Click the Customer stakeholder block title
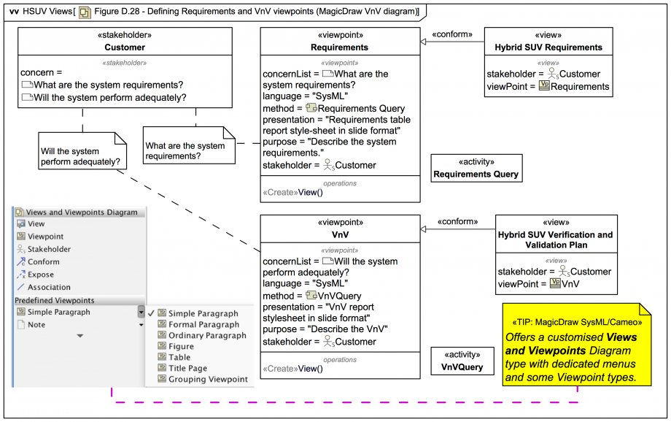[x=125, y=47]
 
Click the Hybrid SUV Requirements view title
[x=548, y=47]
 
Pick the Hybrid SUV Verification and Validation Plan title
[x=556, y=240]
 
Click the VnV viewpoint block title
[x=340, y=235]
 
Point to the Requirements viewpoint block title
[x=340, y=47]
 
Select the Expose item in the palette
[x=41, y=275]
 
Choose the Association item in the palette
[x=49, y=288]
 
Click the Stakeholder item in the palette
[x=49, y=249]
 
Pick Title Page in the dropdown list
[x=187, y=369]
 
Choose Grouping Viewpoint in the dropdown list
[x=208, y=380]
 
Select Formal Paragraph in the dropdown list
[x=203, y=324]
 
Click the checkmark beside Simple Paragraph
[x=151, y=313]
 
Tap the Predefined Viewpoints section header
[x=55, y=300]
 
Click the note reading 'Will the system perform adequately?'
[x=79, y=156]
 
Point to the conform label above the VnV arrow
[x=457, y=221]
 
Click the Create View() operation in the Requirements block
[x=292, y=193]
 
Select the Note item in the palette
[x=36, y=325]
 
